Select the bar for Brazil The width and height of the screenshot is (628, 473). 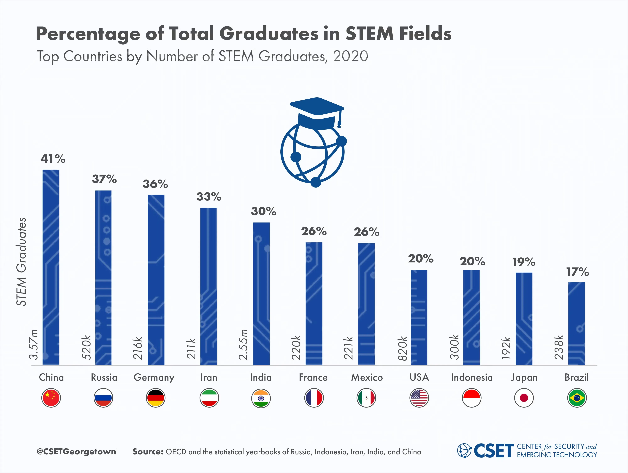coord(576,323)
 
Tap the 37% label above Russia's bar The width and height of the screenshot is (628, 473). coord(104,179)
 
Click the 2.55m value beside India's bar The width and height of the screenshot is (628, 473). coord(243,345)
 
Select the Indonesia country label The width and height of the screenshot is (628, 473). coord(472,377)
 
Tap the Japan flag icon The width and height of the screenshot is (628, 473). coord(524,398)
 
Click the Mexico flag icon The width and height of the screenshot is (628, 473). coord(366,398)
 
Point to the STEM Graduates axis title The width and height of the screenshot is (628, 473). coord(21,262)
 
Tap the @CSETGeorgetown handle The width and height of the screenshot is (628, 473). coord(76,452)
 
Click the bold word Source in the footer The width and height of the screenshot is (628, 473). coord(148,452)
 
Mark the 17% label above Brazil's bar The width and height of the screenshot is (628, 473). coord(577,272)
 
